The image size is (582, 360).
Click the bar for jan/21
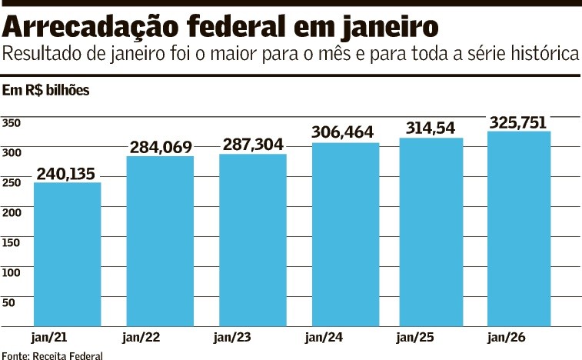(68, 254)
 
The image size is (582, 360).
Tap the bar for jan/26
(519, 228)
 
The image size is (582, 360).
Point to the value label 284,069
(160, 146)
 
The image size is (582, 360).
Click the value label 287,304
(252, 144)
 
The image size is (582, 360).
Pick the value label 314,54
(431, 128)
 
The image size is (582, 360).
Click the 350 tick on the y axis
(11, 123)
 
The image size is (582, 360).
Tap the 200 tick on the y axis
(11, 212)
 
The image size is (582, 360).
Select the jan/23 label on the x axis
(232, 337)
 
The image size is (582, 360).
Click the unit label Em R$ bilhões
(46, 91)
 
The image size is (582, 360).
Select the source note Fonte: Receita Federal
(52, 355)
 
